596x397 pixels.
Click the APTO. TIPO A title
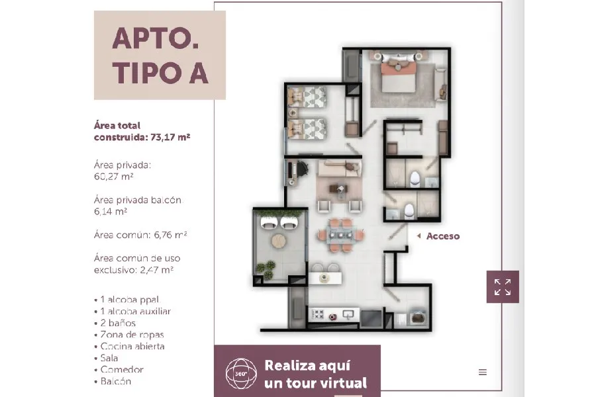tap(160, 56)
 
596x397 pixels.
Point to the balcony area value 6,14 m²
tap(111, 212)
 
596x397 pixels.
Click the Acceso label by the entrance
tap(443, 236)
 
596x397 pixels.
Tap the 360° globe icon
tap(241, 373)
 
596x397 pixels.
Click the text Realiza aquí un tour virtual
tap(315, 375)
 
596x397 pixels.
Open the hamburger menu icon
tap(483, 373)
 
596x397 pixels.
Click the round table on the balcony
tap(279, 240)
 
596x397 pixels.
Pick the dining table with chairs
tap(341, 235)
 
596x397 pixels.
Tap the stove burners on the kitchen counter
tap(318, 314)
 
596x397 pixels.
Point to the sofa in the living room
tap(340, 168)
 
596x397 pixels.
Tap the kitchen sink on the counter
tap(348, 314)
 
